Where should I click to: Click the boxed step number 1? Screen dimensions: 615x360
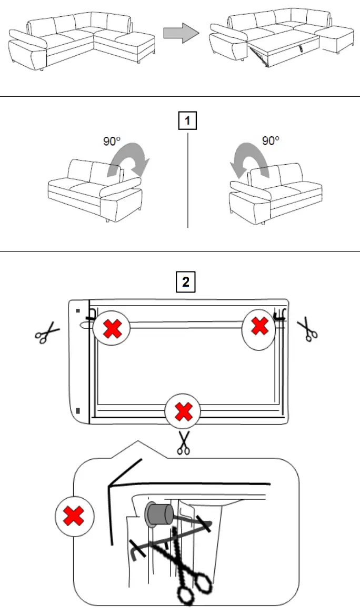(187, 122)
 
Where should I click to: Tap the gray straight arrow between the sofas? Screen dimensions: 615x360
(181, 34)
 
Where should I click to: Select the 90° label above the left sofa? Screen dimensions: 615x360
(112, 141)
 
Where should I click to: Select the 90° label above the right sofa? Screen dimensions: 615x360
(271, 141)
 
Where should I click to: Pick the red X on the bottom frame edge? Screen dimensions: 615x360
(183, 411)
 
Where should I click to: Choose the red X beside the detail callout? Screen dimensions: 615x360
(74, 517)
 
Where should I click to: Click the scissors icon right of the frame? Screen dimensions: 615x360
(307, 329)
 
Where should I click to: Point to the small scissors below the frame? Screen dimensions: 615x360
(183, 442)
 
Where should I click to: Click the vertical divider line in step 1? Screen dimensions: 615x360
(188, 179)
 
